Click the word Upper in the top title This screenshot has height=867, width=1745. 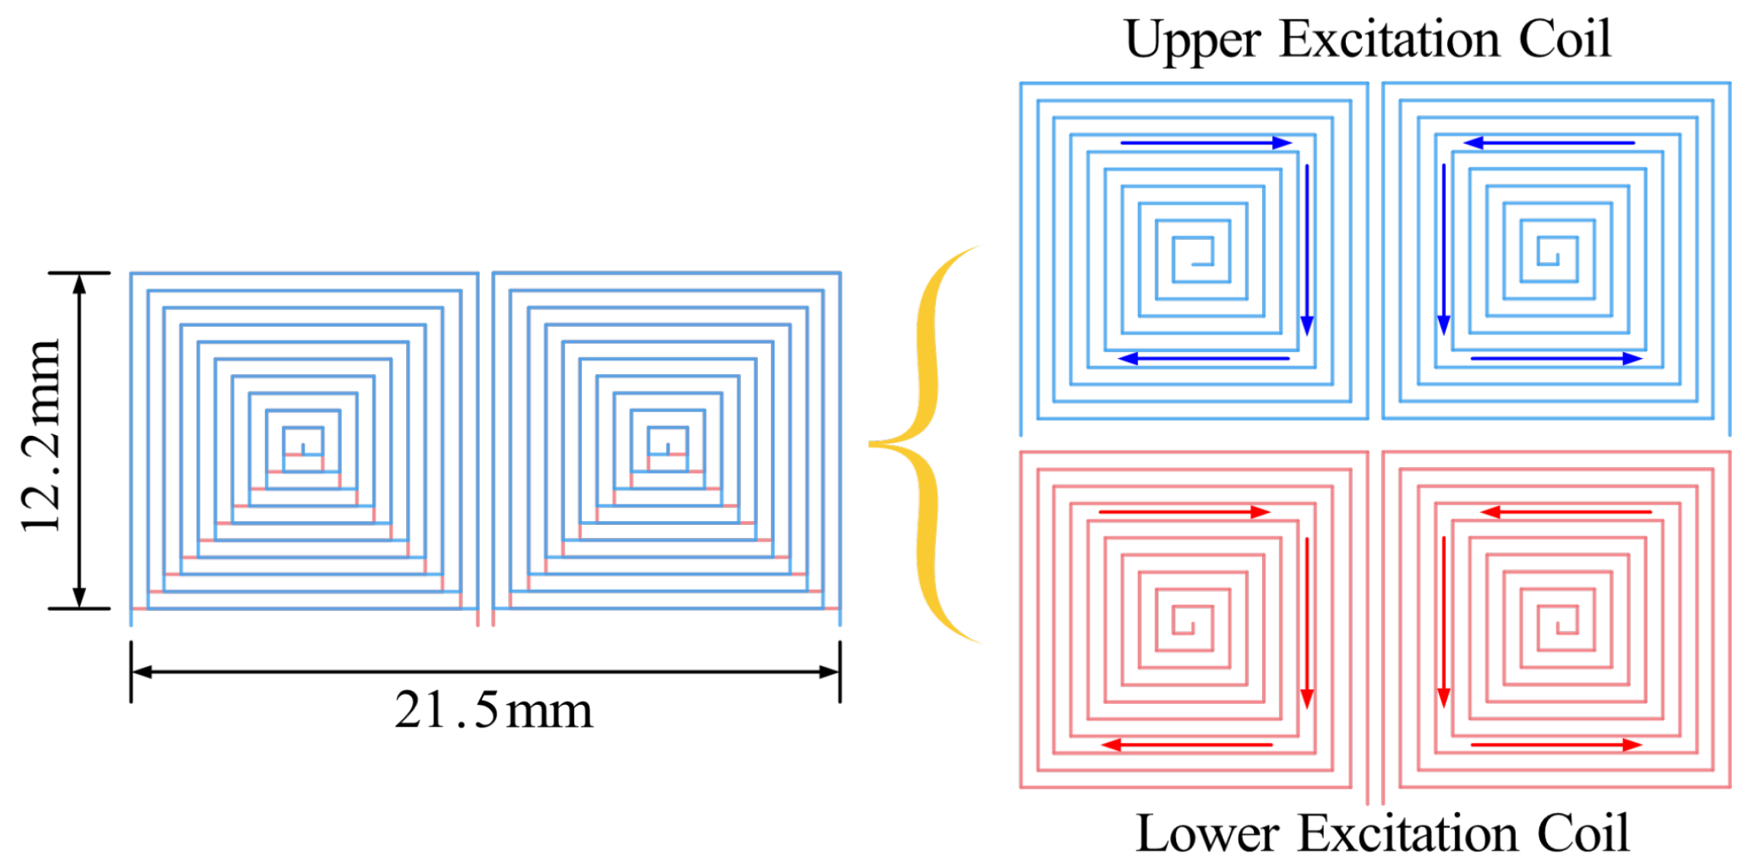1192,40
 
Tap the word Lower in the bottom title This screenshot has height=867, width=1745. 1206,833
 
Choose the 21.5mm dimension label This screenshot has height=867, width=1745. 493,711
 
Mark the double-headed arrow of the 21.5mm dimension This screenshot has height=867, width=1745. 485,671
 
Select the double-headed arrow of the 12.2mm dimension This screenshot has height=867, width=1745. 79,440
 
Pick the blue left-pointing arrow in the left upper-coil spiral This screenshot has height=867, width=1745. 1203,358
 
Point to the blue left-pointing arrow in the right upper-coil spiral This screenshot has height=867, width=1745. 1548,142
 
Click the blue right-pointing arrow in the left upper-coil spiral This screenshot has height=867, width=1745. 1206,142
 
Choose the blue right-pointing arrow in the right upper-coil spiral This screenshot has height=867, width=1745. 1556,358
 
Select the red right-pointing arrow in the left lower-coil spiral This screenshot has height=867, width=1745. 1184,512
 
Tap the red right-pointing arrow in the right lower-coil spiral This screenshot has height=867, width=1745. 1556,744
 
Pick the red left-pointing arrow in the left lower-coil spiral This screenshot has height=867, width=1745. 1187,744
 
